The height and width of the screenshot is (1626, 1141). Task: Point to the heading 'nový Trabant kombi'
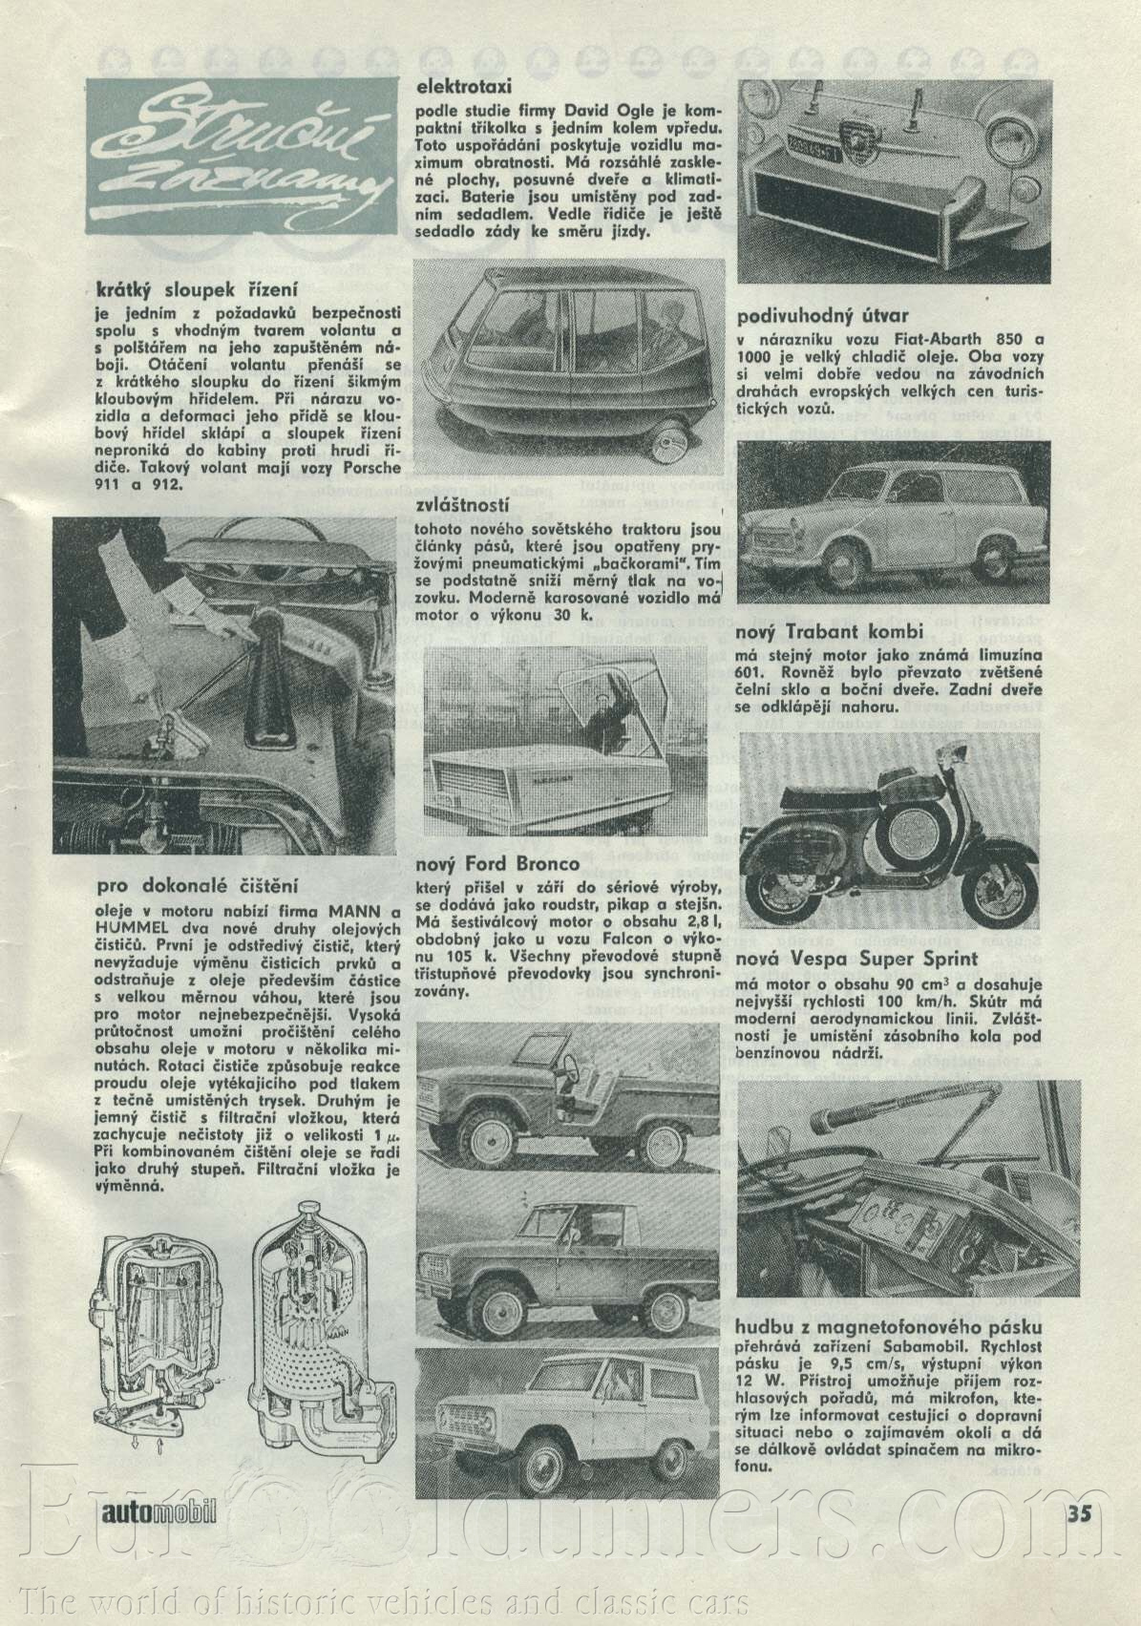pyautogui.click(x=830, y=632)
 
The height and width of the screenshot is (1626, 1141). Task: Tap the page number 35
pyautogui.click(x=1079, y=1538)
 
